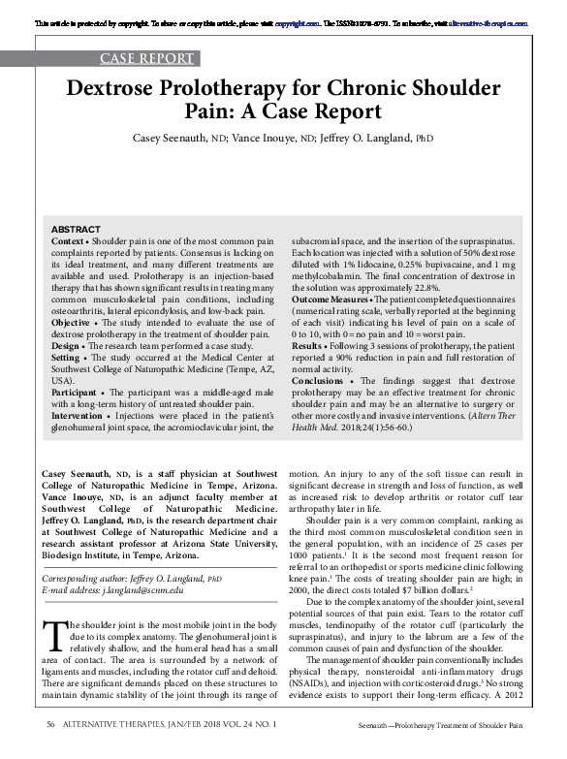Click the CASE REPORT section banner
pos(146,58)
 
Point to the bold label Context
pos(68,238)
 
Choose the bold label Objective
pos(73,321)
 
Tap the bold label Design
pos(68,343)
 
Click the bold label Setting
pos(69,356)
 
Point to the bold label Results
pos(310,344)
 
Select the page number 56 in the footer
pos(49,750)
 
